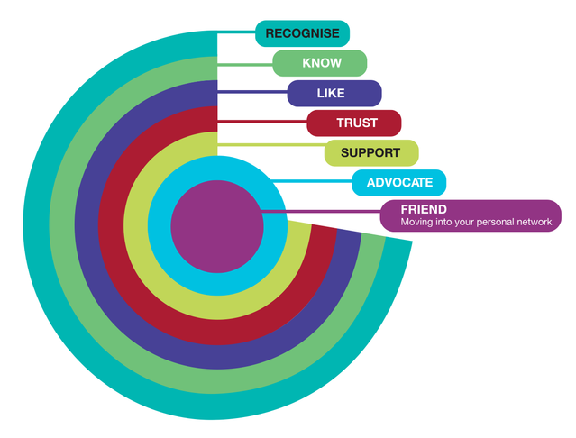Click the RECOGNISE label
302,33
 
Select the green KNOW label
319,63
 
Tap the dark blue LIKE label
334,93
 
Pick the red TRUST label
354,123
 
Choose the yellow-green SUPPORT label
370,152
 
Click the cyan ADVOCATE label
399,182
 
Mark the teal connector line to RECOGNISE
236,34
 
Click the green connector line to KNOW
245,64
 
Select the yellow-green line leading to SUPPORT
270,144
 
